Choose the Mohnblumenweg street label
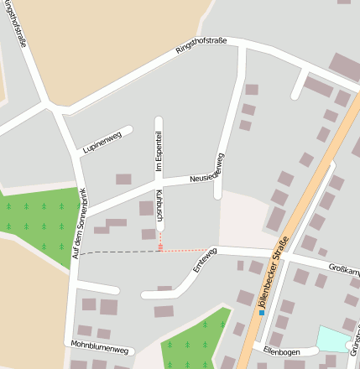coord(99,346)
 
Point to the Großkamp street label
coord(344,270)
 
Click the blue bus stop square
coord(262,313)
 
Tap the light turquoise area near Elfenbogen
coord(331,339)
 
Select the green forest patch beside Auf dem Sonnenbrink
coord(38,220)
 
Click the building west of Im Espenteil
coord(123,179)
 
